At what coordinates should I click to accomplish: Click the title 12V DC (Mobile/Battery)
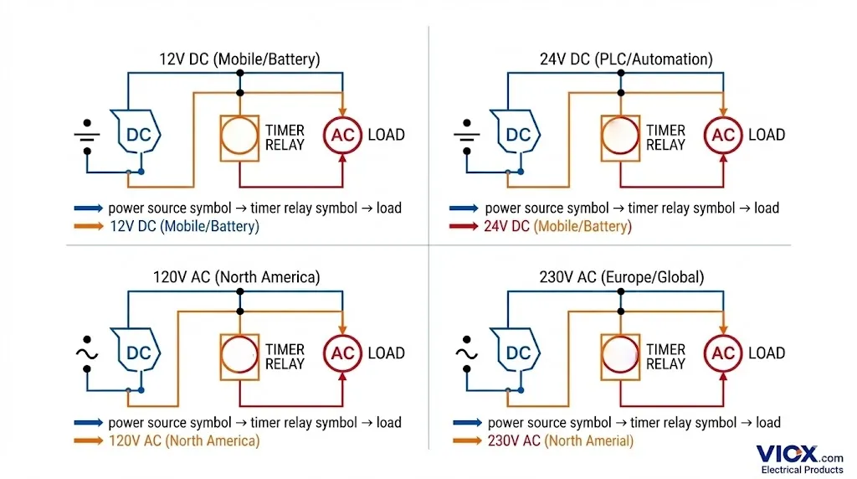[239, 59]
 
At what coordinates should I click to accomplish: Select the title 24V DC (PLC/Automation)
[626, 59]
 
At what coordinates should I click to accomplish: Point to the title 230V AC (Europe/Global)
[622, 277]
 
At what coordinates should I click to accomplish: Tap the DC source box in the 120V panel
[137, 353]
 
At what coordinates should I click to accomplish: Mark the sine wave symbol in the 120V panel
[87, 353]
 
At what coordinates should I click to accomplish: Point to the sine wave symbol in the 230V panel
[467, 353]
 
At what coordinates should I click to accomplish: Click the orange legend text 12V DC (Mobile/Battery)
[184, 227]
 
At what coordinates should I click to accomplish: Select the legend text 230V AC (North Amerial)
[561, 441]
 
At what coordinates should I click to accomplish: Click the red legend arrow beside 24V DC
[464, 227]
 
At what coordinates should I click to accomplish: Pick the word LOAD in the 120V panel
[386, 353]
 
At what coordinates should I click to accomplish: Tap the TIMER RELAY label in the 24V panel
[665, 137]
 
